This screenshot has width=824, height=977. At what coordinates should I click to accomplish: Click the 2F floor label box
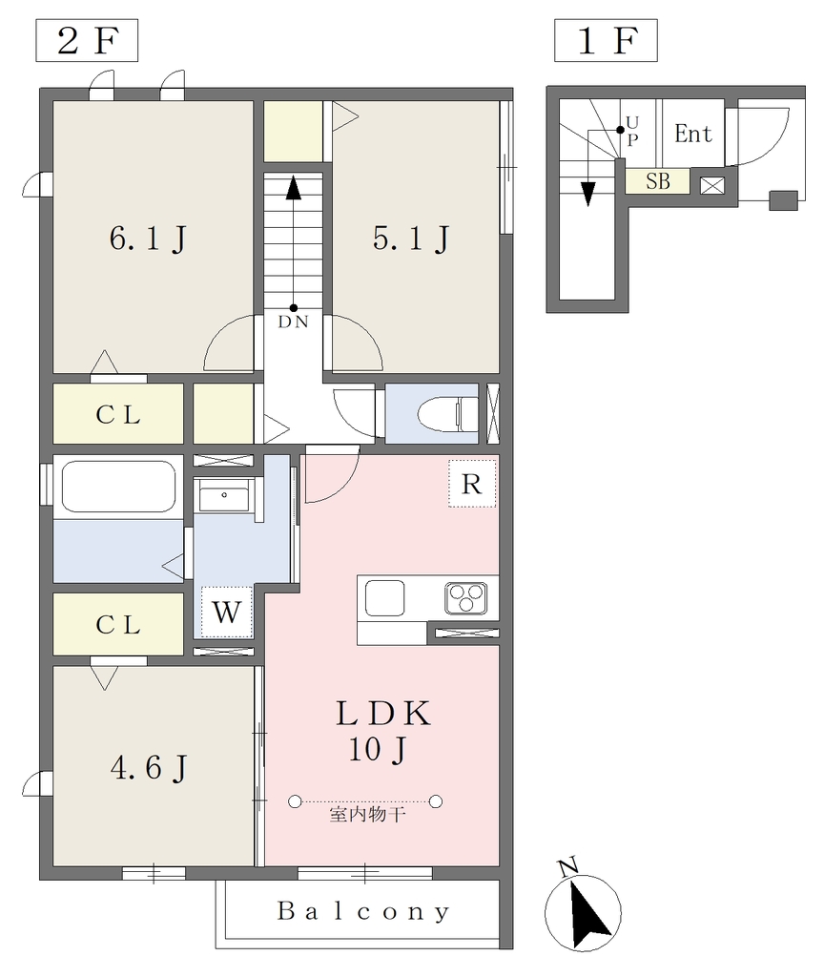[x=87, y=40]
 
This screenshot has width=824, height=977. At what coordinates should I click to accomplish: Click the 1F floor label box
[x=606, y=40]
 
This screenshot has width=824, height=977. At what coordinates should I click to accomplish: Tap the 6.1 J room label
[x=148, y=238]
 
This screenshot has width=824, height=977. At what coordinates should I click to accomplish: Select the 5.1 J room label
[x=412, y=238]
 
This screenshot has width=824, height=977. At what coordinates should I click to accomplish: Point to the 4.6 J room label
[x=149, y=767]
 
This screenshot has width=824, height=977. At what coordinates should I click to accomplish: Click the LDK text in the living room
[x=383, y=714]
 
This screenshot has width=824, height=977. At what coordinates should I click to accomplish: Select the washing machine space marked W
[x=227, y=612]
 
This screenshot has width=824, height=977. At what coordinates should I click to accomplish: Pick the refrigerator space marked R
[x=472, y=484]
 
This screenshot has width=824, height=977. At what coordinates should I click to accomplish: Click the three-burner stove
[x=465, y=598]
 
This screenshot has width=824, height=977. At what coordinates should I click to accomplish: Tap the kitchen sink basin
[x=385, y=598]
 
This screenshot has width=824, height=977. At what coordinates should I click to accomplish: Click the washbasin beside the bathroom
[x=224, y=495]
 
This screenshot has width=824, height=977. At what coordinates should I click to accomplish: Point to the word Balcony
[x=363, y=911]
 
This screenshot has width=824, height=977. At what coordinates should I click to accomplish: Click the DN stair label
[x=293, y=322]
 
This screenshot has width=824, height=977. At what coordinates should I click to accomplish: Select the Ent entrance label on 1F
[x=692, y=134]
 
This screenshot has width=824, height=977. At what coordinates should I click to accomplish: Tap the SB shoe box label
[x=658, y=180]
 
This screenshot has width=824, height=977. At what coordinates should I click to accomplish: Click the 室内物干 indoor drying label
[x=367, y=815]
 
